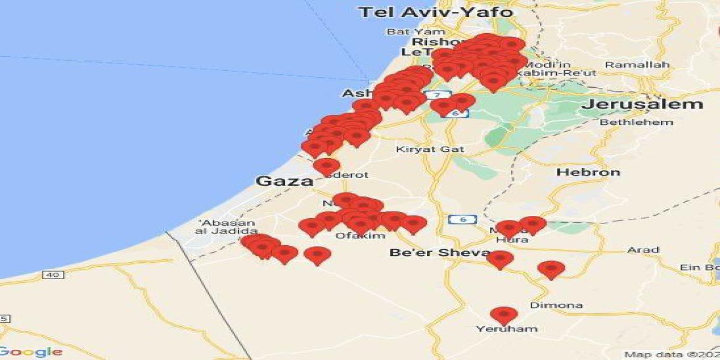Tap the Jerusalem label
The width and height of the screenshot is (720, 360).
click(x=642, y=104)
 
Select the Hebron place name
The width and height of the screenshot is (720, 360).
click(x=588, y=172)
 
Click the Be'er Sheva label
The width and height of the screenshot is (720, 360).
click(x=439, y=253)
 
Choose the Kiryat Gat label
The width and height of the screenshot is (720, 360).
click(x=430, y=149)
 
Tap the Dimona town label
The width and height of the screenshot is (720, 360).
click(x=556, y=305)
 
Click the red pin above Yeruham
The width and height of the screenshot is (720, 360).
click(x=503, y=314)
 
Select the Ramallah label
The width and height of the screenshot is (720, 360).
click(x=637, y=65)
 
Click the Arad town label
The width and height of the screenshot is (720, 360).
click(x=642, y=250)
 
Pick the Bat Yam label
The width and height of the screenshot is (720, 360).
click(x=416, y=31)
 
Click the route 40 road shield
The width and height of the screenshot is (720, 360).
click(x=53, y=274)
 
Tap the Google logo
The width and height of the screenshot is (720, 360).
click(x=31, y=352)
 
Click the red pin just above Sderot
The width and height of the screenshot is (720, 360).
click(x=326, y=165)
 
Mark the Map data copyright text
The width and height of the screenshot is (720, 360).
click(x=672, y=355)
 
